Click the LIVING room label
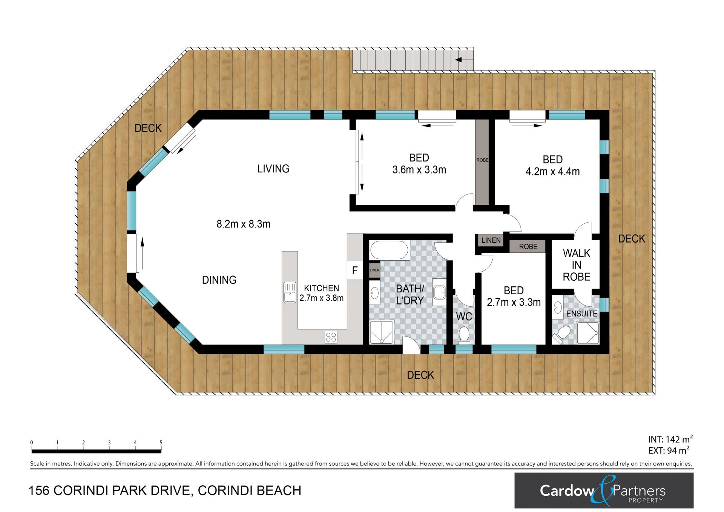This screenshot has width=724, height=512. pos(273,169)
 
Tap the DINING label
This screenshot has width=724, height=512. pos(219,280)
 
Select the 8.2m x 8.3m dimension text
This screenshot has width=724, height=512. pos(243,224)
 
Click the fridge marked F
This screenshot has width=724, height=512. pos(355,271)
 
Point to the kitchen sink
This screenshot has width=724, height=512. pos(290,292)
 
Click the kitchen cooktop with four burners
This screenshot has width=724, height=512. pos(331,337)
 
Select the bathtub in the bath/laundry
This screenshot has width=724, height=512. pos(389,250)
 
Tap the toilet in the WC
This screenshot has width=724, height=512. pos(464,335)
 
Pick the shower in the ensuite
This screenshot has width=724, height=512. pos(587,333)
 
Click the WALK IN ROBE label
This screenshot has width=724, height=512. pos(577,265)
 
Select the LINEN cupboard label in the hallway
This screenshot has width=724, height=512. pos(491,240)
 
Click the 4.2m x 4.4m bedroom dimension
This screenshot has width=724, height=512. pos(552,172)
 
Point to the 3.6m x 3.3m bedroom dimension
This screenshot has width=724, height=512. pos(419,170)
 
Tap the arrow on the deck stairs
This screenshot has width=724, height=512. pos(464,60)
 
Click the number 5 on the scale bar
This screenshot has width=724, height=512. pos(161,443)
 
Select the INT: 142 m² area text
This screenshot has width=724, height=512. pos(670,439)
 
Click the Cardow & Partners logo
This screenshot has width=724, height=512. pos(604,490)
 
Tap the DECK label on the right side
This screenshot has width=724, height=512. pos(632,239)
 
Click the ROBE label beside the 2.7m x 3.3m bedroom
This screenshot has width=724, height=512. pos(528,247)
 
